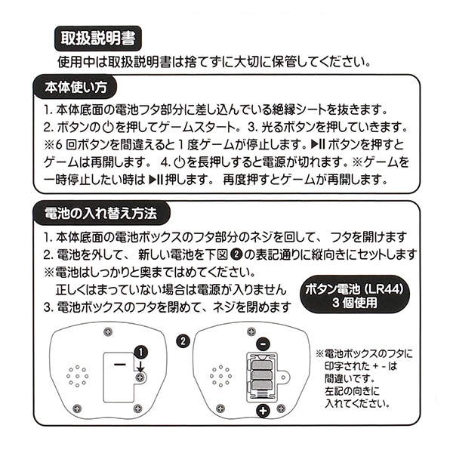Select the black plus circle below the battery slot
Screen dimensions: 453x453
(263, 411)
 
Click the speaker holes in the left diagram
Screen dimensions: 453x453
(76, 375)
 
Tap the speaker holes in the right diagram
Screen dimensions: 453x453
(220, 375)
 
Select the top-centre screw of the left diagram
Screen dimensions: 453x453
(109, 331)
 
